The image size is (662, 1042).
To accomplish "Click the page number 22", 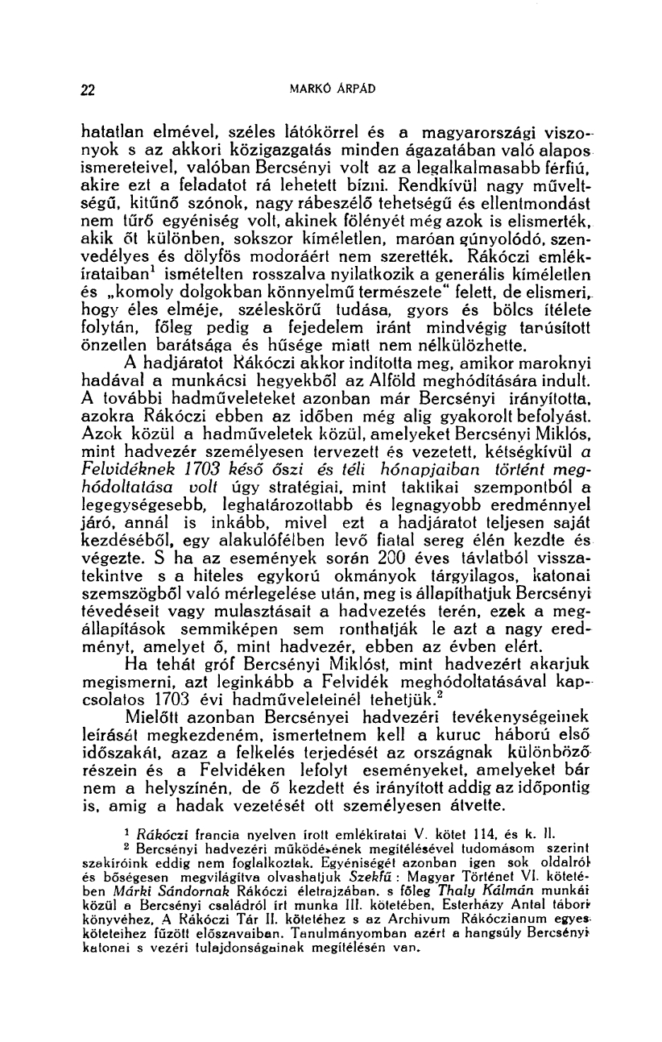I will (x=89, y=89).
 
